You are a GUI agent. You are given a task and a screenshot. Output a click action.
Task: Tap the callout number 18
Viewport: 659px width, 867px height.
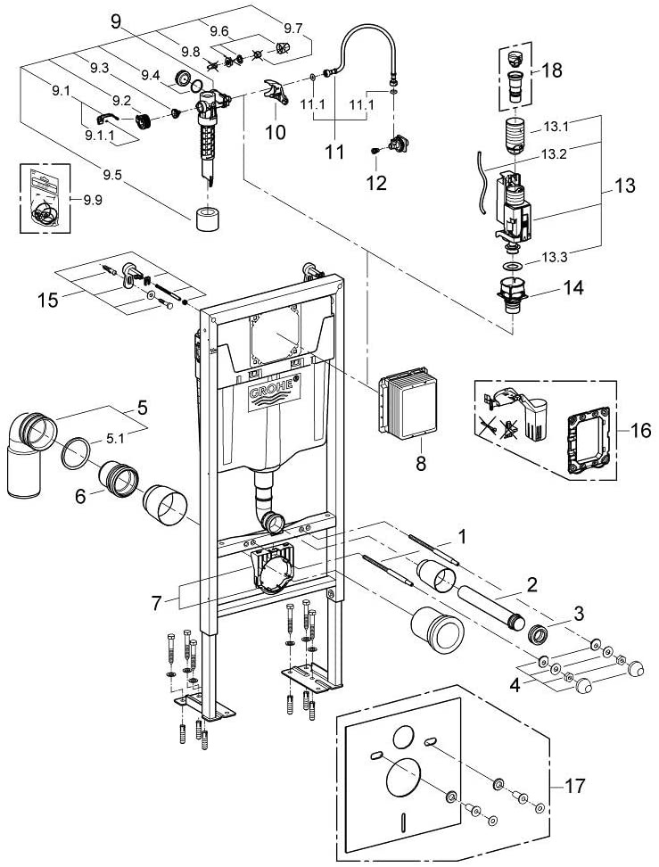click(x=551, y=70)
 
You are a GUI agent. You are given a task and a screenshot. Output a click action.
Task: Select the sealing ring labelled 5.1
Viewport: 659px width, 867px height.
click(x=75, y=452)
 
